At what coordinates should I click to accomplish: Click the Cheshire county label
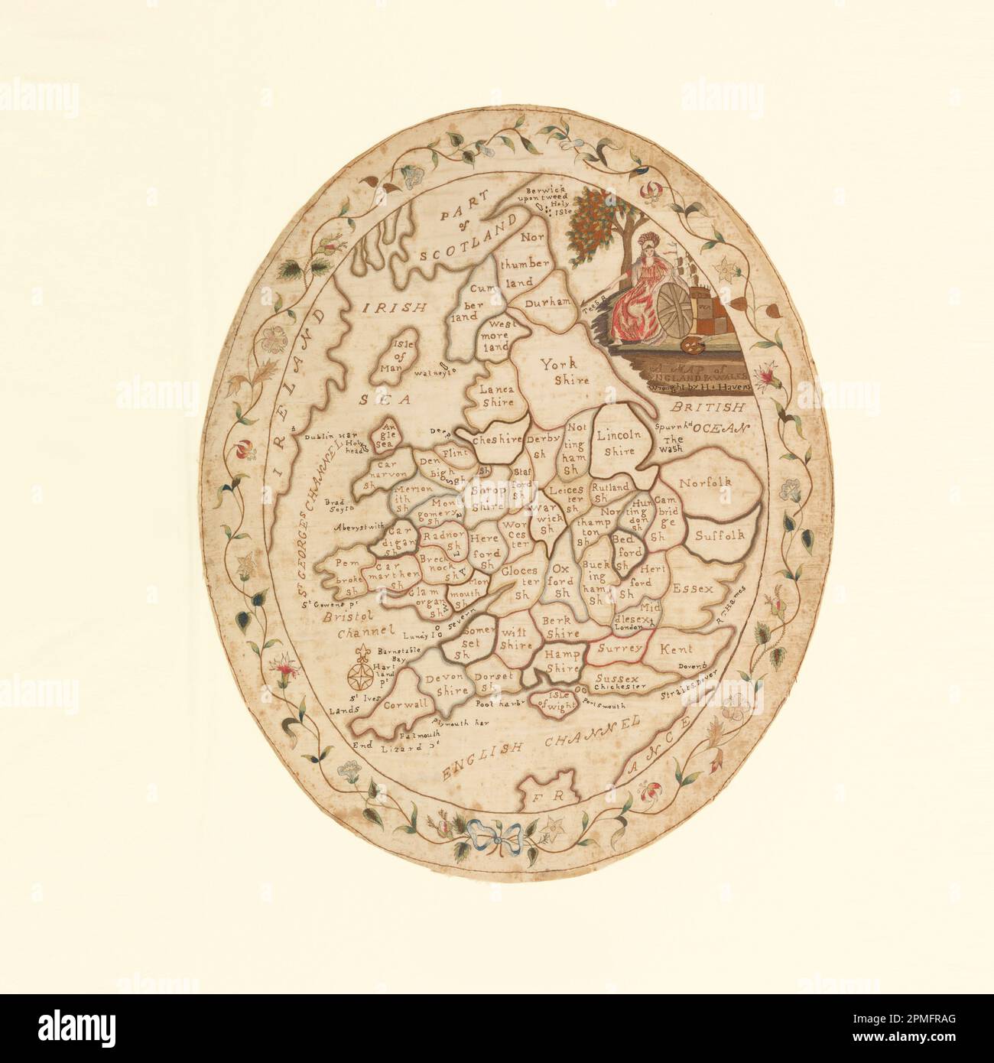[497, 439]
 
